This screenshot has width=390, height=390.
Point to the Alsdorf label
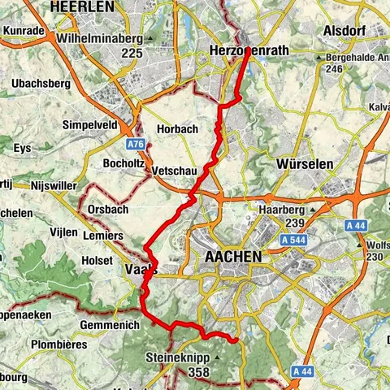pos(344,31)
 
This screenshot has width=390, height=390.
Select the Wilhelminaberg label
pos(99,38)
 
